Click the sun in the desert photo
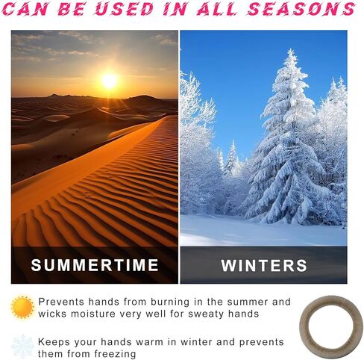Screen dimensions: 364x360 tap(109, 81)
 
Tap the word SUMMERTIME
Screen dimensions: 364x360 tap(95, 265)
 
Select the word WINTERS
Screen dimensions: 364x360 tap(264, 265)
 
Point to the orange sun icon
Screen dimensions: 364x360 tap(22, 307)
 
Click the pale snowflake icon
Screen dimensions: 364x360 tap(22, 347)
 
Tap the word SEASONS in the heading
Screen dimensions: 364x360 tap(301, 9)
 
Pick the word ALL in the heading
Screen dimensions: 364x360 tap(216, 9)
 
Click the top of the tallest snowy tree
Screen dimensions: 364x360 tap(290, 49)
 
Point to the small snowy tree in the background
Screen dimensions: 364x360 tap(232, 159)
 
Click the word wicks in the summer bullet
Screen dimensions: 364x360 tap(52, 314)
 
